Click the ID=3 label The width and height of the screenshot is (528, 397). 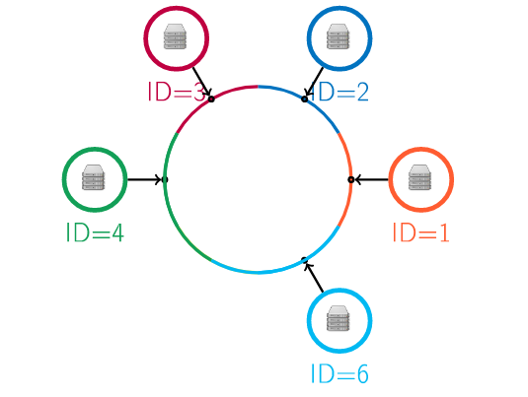(x=177, y=92)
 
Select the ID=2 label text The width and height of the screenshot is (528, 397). (x=339, y=92)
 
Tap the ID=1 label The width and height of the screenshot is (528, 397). (x=420, y=232)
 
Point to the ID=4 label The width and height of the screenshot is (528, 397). (x=95, y=232)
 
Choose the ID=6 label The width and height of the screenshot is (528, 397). (x=339, y=373)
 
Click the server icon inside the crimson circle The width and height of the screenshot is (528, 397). (x=175, y=36)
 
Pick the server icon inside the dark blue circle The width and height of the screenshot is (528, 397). (x=339, y=36)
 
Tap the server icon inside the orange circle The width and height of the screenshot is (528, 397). (x=419, y=177)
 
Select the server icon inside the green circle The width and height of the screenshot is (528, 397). (x=94, y=177)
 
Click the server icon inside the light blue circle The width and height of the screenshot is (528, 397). (x=339, y=318)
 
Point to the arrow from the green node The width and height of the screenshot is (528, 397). (x=145, y=179)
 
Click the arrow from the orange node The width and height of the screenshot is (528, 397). (x=371, y=179)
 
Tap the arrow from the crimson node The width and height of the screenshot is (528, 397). (x=202, y=82)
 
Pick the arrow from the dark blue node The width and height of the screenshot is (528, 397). (x=314, y=82)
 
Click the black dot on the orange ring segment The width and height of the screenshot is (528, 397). (x=351, y=180)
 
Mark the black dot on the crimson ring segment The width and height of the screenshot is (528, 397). (x=211, y=99)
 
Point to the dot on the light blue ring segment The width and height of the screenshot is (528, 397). (x=304, y=260)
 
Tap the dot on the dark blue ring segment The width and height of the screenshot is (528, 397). (x=304, y=99)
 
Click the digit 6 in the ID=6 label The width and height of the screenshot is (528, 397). (x=362, y=374)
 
